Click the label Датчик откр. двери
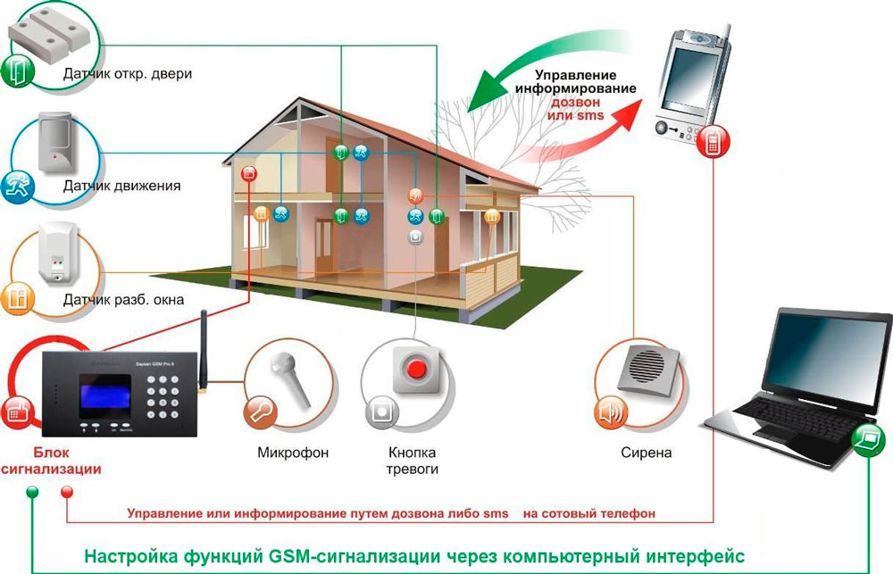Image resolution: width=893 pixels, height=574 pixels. point(128,74)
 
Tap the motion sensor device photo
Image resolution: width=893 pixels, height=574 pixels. point(55,142)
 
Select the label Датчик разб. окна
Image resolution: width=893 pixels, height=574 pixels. point(123,300)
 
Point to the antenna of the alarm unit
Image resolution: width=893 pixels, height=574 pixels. point(202,352)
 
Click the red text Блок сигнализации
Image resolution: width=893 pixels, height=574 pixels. point(51,461)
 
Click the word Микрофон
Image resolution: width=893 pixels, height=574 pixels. point(293,453)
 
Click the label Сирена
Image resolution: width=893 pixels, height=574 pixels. point(646,453)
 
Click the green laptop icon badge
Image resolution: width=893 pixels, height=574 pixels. point(868,439)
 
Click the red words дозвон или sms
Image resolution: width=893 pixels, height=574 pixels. point(575,109)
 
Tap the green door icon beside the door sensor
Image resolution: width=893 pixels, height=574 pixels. point(17,71)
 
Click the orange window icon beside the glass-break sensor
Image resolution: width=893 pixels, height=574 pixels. point(17,298)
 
